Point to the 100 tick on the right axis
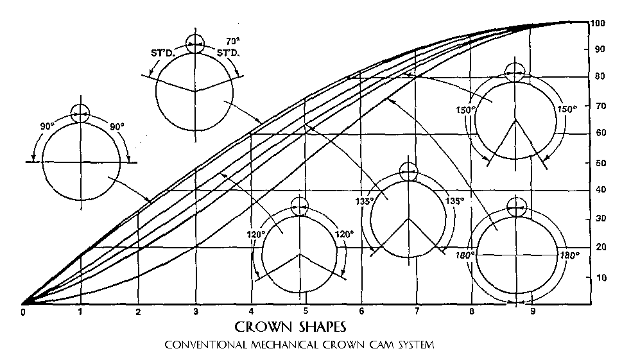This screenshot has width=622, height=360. click(599, 23)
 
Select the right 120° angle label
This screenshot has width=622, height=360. click(344, 235)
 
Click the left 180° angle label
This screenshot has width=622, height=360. click(465, 255)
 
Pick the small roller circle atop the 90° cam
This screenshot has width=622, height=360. click(80, 114)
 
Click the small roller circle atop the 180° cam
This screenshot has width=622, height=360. click(516, 207)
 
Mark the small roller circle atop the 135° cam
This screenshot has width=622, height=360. click(409, 171)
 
